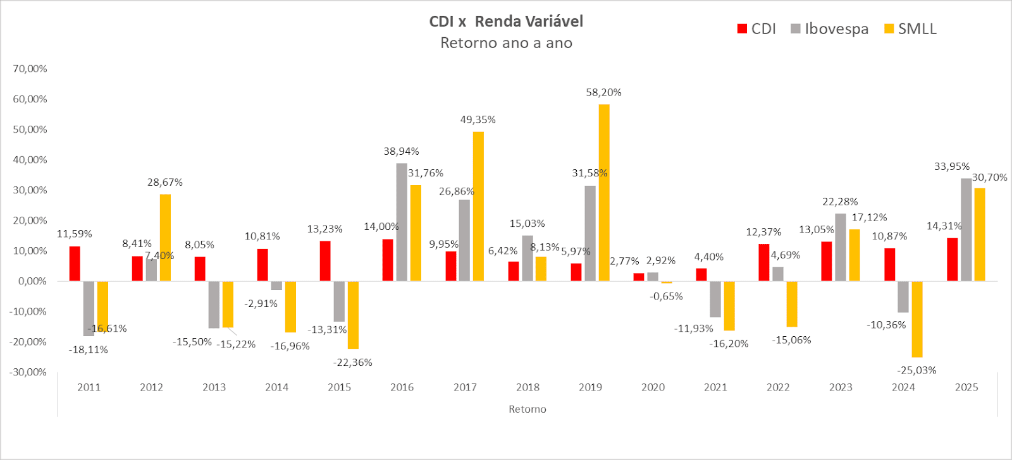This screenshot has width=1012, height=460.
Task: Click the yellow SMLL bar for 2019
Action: point(604,193)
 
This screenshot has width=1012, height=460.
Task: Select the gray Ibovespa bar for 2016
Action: point(402,222)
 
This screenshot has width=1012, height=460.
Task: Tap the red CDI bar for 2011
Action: point(75,263)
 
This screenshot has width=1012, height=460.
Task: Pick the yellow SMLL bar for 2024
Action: point(917,319)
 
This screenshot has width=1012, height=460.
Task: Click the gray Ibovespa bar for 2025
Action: point(966,229)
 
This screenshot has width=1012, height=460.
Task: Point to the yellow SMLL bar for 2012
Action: point(165,238)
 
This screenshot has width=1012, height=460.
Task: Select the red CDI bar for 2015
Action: point(325,261)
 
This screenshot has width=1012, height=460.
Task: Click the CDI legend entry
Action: point(757,29)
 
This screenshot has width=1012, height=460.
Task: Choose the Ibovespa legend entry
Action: point(830,29)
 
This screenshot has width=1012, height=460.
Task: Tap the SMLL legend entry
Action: point(911,29)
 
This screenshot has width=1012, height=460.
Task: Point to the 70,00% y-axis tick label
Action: point(30,69)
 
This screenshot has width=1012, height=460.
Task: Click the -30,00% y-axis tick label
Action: point(28,372)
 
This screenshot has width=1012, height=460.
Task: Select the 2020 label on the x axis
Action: point(653,387)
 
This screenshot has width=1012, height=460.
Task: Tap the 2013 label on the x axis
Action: point(214,387)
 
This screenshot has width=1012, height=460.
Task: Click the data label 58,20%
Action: point(603,92)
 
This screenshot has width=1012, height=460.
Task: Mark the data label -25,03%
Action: point(916,370)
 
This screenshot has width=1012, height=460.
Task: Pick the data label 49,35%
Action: point(478,120)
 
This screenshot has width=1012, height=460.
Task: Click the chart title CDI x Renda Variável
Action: point(506,21)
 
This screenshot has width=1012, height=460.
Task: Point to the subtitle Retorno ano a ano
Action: point(506,43)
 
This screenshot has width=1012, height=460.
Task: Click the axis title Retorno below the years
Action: point(528,409)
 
